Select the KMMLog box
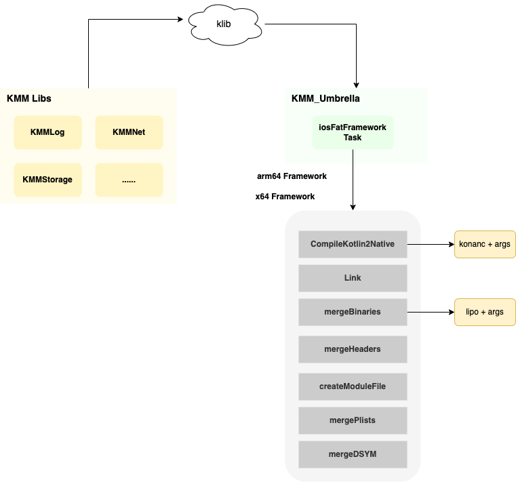tap(47, 132)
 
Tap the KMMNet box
tap(129, 132)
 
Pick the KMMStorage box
tap(47, 180)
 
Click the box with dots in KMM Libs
tap(129, 180)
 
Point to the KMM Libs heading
tap(29, 98)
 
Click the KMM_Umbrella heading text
tap(325, 98)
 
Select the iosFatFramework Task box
tap(353, 132)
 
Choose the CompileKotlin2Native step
tap(353, 244)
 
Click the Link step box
tap(353, 278)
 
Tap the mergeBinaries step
tap(353, 312)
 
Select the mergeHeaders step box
tap(353, 349)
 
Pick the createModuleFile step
tap(353, 386)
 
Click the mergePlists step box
tap(353, 420)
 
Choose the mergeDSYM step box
tap(353, 454)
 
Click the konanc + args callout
tap(484, 244)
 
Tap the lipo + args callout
tap(484, 312)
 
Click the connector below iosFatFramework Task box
tap(353, 157)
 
